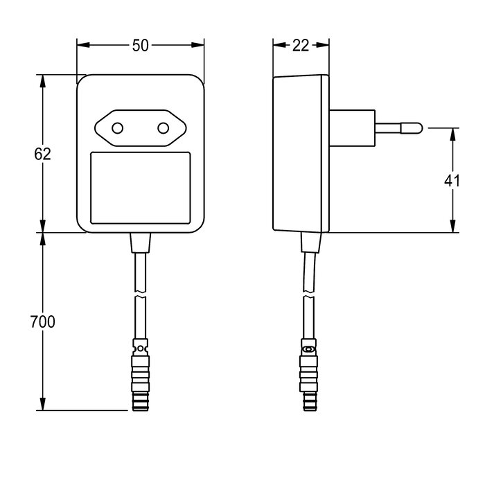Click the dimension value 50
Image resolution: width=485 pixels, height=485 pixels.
[141, 45]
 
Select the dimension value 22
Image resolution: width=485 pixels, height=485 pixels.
[301, 45]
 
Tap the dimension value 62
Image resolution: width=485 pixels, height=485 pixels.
[42, 154]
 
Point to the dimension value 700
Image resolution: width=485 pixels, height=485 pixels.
[43, 321]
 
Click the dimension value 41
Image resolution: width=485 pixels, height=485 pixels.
[452, 181]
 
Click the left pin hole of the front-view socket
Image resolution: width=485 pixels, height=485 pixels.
[118, 127]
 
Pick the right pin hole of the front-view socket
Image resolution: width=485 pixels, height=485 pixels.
[164, 127]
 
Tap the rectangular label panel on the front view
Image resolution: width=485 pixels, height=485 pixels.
[141, 188]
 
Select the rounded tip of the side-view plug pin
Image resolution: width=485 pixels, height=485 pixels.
[417, 127]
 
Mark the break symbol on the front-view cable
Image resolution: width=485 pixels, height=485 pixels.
[141, 298]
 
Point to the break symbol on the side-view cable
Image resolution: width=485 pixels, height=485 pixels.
[309, 298]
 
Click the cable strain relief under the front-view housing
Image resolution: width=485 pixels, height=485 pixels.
[141, 243]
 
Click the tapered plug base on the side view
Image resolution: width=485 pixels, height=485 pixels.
[353, 127]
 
